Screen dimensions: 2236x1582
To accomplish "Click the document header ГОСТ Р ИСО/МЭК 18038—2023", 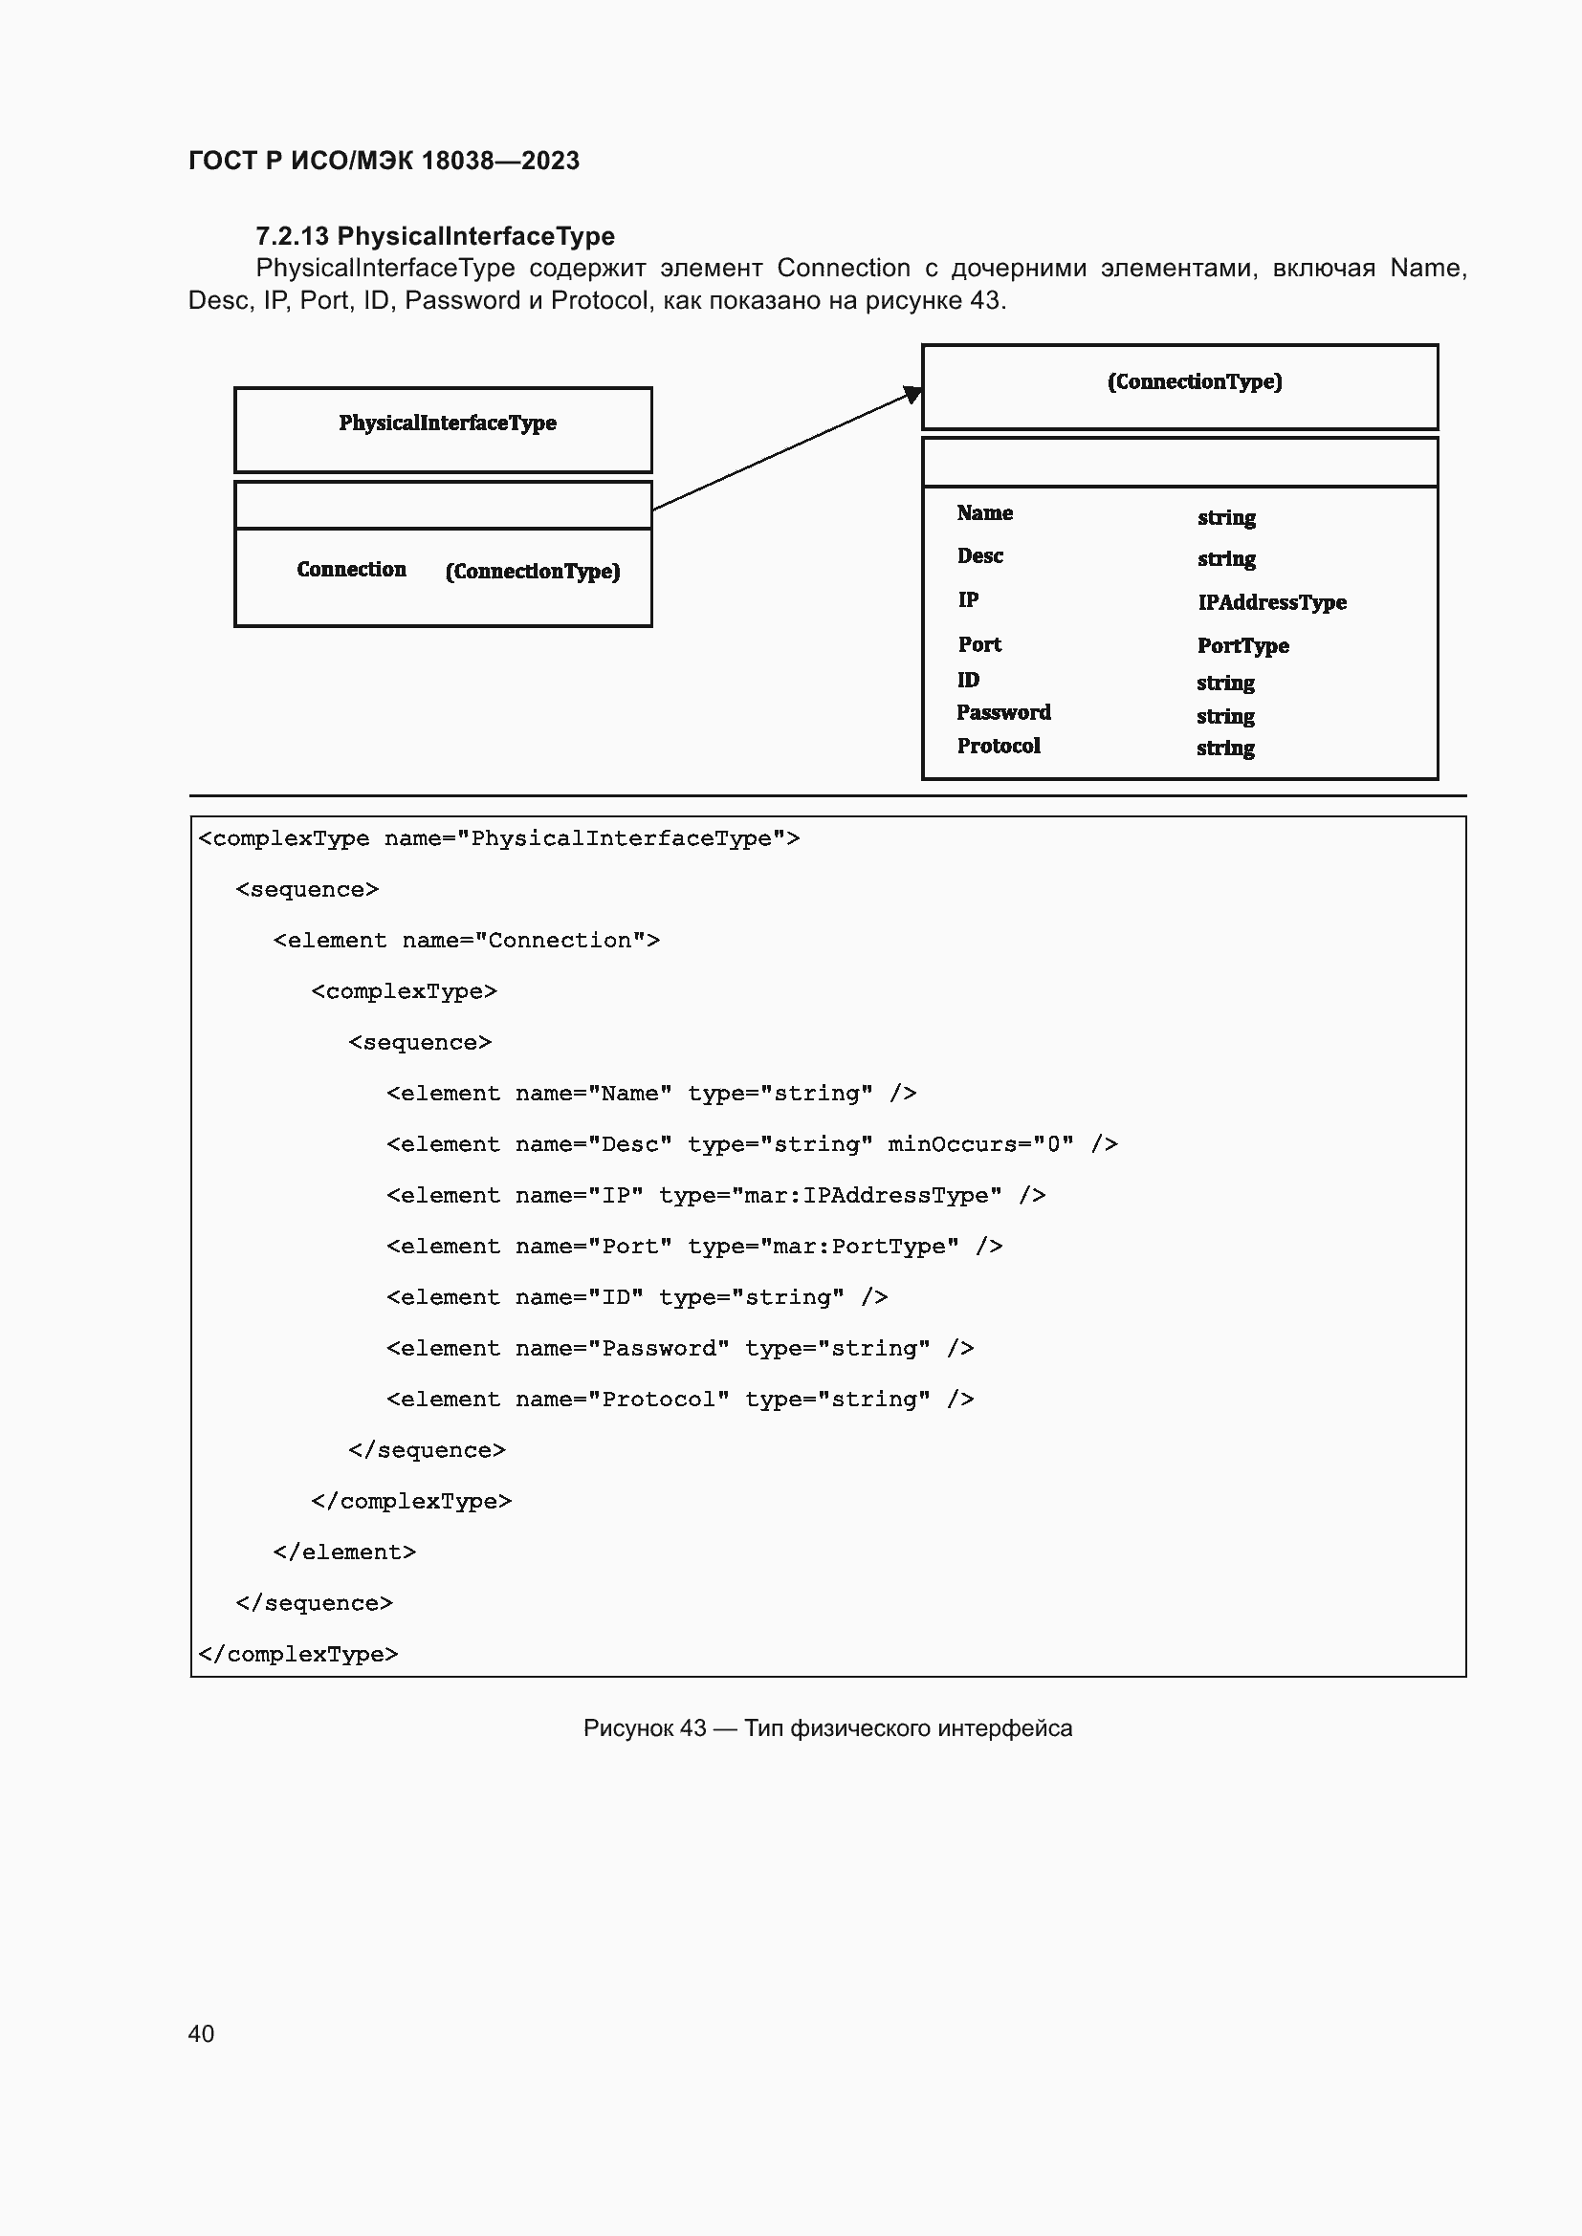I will (x=384, y=161).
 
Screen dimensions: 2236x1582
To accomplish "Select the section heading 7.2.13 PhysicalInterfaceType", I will (x=434, y=236).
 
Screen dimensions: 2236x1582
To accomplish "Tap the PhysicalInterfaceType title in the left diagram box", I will (x=447, y=423).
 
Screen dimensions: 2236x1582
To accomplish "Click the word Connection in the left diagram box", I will (x=351, y=570).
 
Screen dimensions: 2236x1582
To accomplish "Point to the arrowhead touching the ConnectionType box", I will (x=912, y=394).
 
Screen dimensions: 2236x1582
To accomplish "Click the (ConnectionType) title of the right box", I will (x=1195, y=381).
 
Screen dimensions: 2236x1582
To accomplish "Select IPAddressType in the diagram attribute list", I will (x=1271, y=603).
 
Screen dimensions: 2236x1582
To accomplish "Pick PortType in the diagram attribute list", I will (x=1242, y=645).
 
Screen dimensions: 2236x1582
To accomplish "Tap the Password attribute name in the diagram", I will (x=1002, y=713).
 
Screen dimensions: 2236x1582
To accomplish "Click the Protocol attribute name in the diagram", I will (x=998, y=746).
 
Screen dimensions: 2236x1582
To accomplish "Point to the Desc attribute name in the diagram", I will (x=979, y=556).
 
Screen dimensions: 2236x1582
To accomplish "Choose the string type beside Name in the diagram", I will (x=1225, y=517).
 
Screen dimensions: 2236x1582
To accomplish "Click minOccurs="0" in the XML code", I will (x=980, y=1144).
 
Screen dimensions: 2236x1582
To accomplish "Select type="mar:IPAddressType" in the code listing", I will (x=830, y=1195).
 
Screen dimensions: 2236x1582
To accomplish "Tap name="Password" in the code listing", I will (x=622, y=1348).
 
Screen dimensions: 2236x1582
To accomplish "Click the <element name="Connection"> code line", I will (x=466, y=941).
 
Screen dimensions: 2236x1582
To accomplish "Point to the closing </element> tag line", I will (x=344, y=1552).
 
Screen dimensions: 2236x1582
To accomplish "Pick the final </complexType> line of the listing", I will (x=297, y=1655).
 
